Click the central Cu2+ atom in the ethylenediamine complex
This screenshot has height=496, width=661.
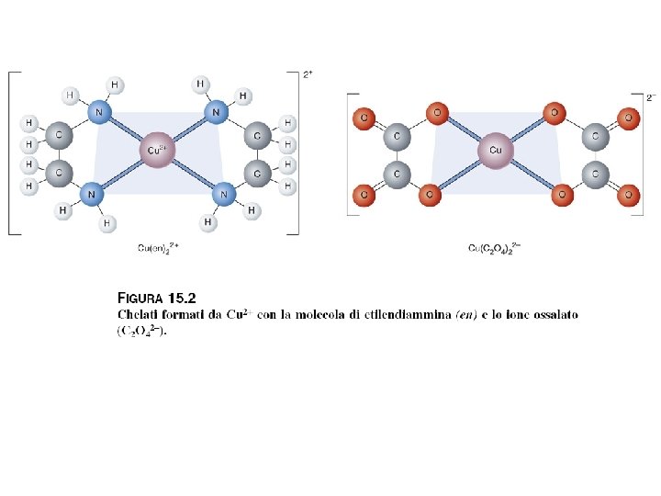156,150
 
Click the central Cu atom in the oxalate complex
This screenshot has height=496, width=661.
495,150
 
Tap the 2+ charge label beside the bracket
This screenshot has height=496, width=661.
308,74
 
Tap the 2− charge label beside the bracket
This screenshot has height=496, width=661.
651,96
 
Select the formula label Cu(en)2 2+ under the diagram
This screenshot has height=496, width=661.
158,247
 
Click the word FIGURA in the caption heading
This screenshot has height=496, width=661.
140,299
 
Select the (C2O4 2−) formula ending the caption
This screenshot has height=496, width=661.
142,332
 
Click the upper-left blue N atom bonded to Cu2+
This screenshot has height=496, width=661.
98,112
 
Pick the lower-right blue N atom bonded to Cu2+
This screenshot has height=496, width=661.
223,193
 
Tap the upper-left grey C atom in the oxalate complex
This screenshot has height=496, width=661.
397,136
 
